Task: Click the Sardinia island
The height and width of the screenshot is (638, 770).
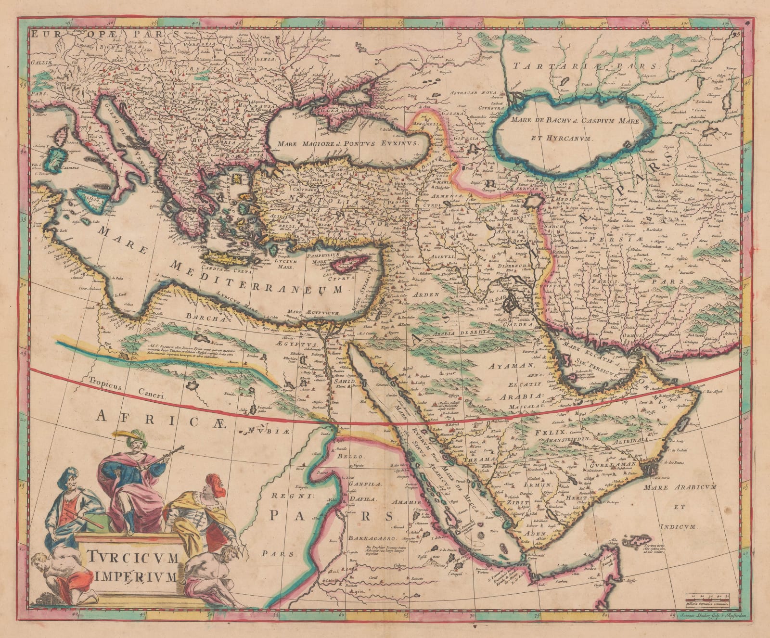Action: click(60, 157)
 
